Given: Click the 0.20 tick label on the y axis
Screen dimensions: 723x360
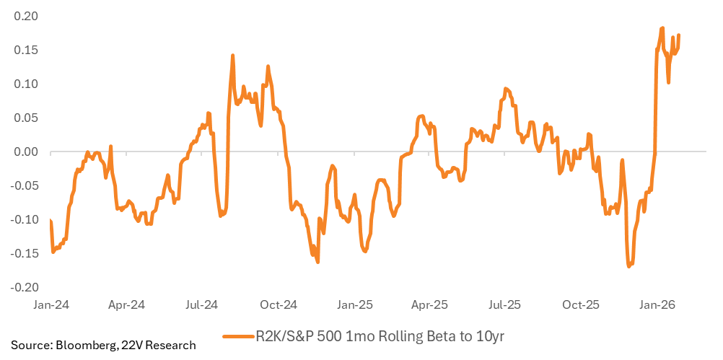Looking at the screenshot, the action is coord(27,16).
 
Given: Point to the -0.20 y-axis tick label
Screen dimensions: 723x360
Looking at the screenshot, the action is coord(25,287).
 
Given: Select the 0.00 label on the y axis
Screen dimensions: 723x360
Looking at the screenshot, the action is coord(27,152).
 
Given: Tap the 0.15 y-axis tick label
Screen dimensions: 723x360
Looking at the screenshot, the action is coord(27,50).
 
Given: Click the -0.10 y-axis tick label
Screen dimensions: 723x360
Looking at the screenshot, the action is coord(25,219).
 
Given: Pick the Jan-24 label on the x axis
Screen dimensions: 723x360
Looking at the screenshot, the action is coord(51,305).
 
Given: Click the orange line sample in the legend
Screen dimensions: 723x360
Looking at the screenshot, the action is coord(239,337).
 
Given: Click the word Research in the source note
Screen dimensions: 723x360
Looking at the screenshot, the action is coord(175,346).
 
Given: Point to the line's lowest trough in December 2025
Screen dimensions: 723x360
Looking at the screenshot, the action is coord(629,266).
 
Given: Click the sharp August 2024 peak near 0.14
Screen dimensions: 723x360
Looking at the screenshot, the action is coord(233,56).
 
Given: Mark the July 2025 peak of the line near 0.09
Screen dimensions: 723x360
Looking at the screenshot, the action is coord(506,89).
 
